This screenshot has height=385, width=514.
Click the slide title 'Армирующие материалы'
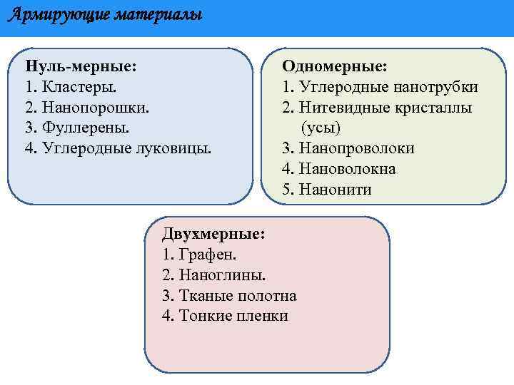pyautogui.click(x=105, y=15)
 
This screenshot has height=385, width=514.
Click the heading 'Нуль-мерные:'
pyautogui.click(x=81, y=66)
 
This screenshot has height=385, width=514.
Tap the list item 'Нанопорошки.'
pyautogui.click(x=94, y=108)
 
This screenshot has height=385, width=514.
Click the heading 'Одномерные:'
pyautogui.click(x=335, y=66)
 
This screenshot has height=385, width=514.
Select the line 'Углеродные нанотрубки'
pyautogui.click(x=388, y=87)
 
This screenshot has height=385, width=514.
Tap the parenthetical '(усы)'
pyautogui.click(x=321, y=128)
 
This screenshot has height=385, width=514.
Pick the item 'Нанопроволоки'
pyautogui.click(x=356, y=149)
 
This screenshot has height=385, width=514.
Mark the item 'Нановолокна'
pyautogui.click(x=347, y=170)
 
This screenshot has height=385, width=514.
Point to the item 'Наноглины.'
pyautogui.click(x=222, y=274)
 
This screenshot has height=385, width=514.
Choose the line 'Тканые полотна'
pyautogui.click(x=237, y=295)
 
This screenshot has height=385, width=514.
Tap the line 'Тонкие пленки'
pyautogui.click(x=233, y=316)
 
